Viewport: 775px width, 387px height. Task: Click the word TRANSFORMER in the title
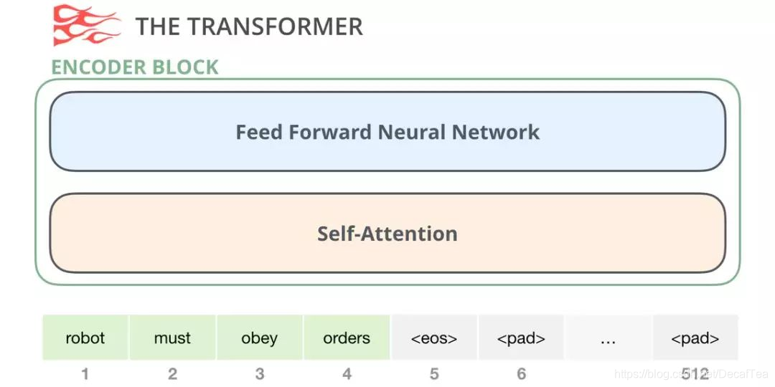click(281, 27)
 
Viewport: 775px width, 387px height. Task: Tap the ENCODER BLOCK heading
click(135, 67)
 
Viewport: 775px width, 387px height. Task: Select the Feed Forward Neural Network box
click(387, 132)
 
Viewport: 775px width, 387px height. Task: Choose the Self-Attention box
click(387, 233)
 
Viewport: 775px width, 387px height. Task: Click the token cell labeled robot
click(85, 338)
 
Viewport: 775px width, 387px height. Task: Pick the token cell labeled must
click(172, 338)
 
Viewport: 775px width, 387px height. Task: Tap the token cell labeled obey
click(260, 338)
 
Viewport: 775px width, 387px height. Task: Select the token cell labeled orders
click(347, 338)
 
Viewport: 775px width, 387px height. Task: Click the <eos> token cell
click(434, 338)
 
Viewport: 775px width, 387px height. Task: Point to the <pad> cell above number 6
click(521, 338)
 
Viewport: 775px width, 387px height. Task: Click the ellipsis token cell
click(609, 338)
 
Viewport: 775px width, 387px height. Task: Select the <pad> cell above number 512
click(695, 338)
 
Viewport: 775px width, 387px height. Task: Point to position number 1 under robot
click(85, 373)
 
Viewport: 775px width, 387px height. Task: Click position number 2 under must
click(172, 373)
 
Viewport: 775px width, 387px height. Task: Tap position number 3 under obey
click(260, 373)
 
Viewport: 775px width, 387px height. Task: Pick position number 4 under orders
click(347, 373)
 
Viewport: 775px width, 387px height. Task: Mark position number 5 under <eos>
click(434, 373)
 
